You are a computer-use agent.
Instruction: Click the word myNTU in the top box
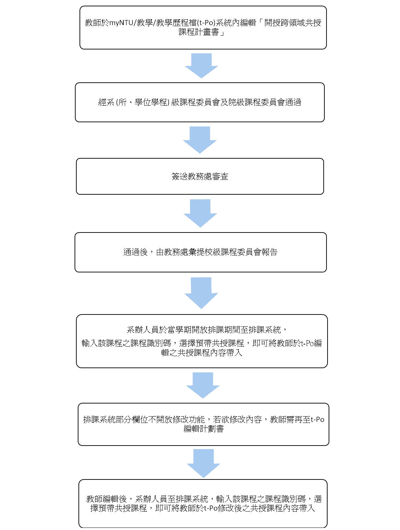pos(121,23)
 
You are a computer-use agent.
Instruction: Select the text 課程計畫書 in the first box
pos(199,32)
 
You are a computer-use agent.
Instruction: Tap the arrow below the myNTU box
pos(201,66)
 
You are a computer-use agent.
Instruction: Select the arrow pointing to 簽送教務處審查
pos(200,140)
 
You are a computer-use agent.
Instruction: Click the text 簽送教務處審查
pos(200,177)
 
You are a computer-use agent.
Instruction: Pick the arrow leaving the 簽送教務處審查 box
pos(200,213)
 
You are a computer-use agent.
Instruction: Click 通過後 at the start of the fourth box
pos(135,252)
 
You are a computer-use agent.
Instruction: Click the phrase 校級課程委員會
pos(233,252)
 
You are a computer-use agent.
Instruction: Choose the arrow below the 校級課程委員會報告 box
pos(201,293)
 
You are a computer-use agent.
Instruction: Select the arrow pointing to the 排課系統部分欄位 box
pos(203,385)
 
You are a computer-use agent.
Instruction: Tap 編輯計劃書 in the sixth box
pos(204,429)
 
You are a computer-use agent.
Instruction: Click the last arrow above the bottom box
pos(204,463)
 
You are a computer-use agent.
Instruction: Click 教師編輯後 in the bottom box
pos(106,499)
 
